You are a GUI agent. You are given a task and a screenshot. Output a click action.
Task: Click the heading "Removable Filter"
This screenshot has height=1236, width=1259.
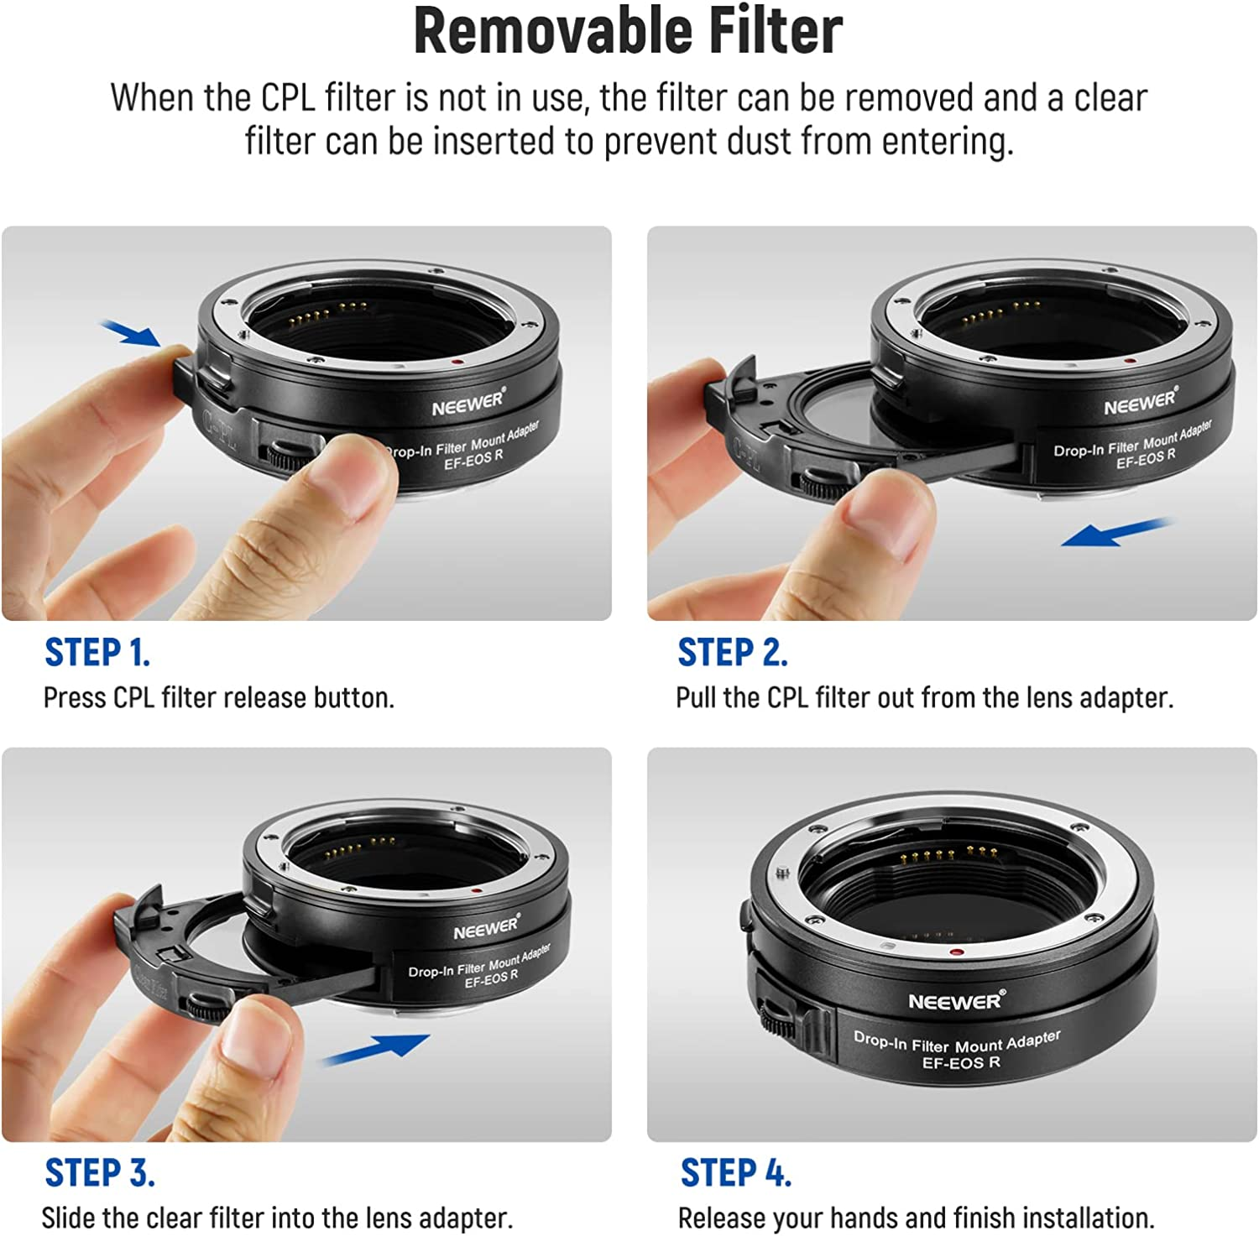coord(628,32)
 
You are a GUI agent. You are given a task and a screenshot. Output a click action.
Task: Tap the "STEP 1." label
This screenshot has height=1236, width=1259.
coord(97,652)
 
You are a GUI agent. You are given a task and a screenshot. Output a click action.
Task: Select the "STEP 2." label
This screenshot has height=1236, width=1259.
coord(732,652)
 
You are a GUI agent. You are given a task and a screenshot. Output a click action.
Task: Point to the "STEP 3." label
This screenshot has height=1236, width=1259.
coord(100,1172)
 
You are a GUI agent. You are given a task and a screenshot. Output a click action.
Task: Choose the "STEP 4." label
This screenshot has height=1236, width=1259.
coord(735,1172)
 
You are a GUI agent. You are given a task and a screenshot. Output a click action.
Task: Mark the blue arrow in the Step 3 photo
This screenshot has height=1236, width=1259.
coord(377,1049)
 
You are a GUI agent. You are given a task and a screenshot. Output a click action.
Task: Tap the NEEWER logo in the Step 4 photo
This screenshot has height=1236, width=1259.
coord(955,1001)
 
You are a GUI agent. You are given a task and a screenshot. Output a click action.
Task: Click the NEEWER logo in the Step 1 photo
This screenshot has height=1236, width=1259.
coord(468,403)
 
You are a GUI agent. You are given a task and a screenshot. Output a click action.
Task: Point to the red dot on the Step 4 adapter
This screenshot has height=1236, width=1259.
coord(955,952)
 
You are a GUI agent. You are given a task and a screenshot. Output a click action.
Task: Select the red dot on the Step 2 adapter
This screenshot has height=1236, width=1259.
coord(1130,361)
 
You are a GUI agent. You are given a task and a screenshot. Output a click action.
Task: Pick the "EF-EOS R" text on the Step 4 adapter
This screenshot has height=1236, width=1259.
coord(961,1062)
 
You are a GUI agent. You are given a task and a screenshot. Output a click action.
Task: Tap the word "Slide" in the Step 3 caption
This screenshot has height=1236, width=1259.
coord(67,1218)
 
